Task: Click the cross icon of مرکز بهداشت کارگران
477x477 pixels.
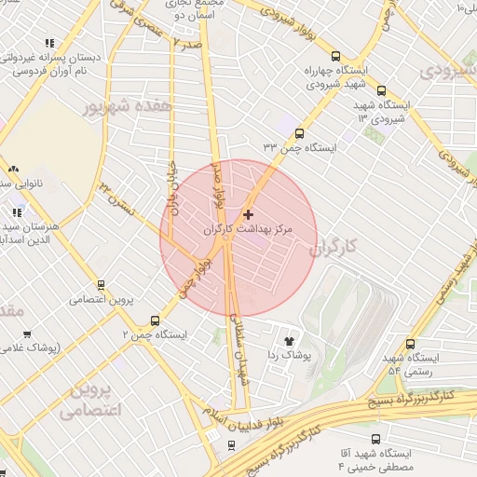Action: click(x=248, y=214)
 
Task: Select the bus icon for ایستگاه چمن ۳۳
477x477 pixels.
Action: click(x=299, y=133)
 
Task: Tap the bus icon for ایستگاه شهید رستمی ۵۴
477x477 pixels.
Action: click(x=410, y=344)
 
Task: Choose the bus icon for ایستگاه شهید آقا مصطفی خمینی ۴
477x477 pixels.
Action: click(x=375, y=439)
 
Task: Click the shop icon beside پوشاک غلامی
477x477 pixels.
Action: click(x=27, y=334)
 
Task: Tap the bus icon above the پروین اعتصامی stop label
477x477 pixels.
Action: click(x=101, y=285)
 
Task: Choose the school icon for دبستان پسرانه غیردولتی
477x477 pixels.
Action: click(x=48, y=43)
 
